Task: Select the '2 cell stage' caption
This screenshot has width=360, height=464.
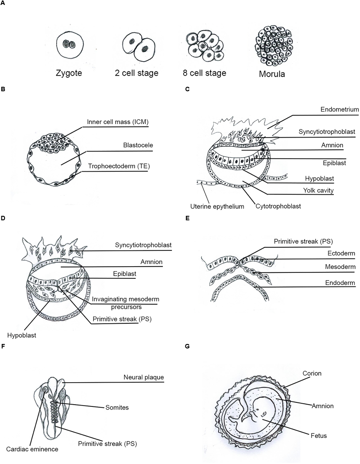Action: tap(136, 72)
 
